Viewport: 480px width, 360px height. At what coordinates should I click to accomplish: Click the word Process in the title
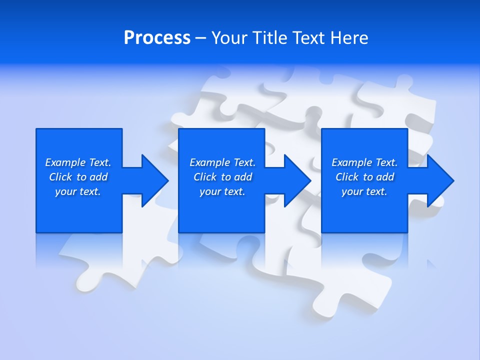click(x=157, y=37)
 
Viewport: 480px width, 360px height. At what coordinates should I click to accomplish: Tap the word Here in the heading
click(x=349, y=37)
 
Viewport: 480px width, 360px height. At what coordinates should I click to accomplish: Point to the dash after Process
click(x=200, y=38)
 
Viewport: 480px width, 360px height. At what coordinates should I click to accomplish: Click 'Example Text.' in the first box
click(x=78, y=162)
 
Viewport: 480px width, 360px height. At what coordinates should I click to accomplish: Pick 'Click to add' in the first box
click(x=78, y=177)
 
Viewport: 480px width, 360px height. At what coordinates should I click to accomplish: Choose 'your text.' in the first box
click(x=78, y=191)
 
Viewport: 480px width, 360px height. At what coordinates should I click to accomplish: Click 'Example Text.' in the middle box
click(x=222, y=162)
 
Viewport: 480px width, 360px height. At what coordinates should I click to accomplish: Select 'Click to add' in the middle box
click(x=222, y=177)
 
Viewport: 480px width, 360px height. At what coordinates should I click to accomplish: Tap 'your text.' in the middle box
click(x=222, y=191)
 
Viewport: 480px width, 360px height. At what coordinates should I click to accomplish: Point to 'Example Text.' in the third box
click(x=364, y=162)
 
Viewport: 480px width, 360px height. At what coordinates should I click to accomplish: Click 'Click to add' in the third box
click(x=364, y=177)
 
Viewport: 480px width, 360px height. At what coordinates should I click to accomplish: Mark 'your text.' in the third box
click(x=364, y=191)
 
